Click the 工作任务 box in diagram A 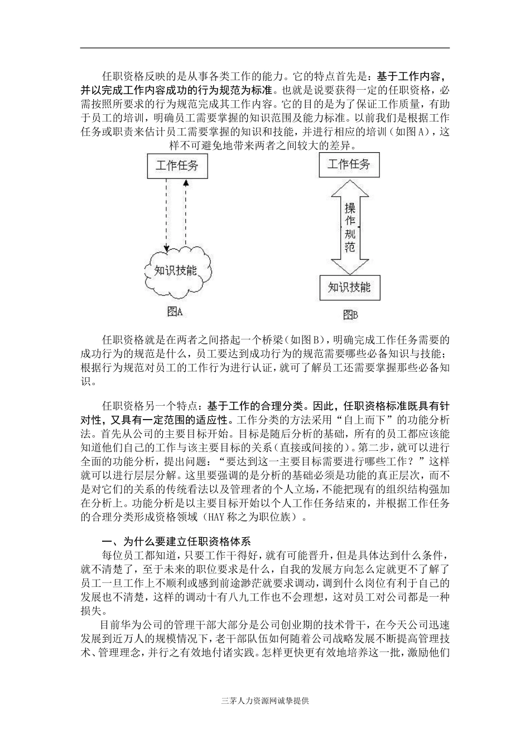point(177,166)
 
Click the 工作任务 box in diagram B point(349,164)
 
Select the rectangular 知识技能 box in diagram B point(349,288)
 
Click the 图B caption point(349,315)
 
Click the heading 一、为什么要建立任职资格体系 point(176,541)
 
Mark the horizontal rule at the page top point(265,48)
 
